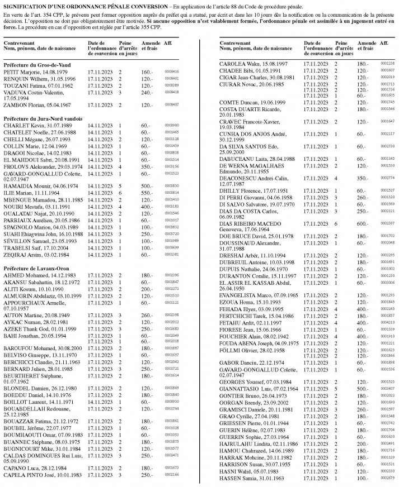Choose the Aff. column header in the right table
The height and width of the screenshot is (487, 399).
pos(383,43)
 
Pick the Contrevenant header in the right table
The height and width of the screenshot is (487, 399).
pos(235,43)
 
